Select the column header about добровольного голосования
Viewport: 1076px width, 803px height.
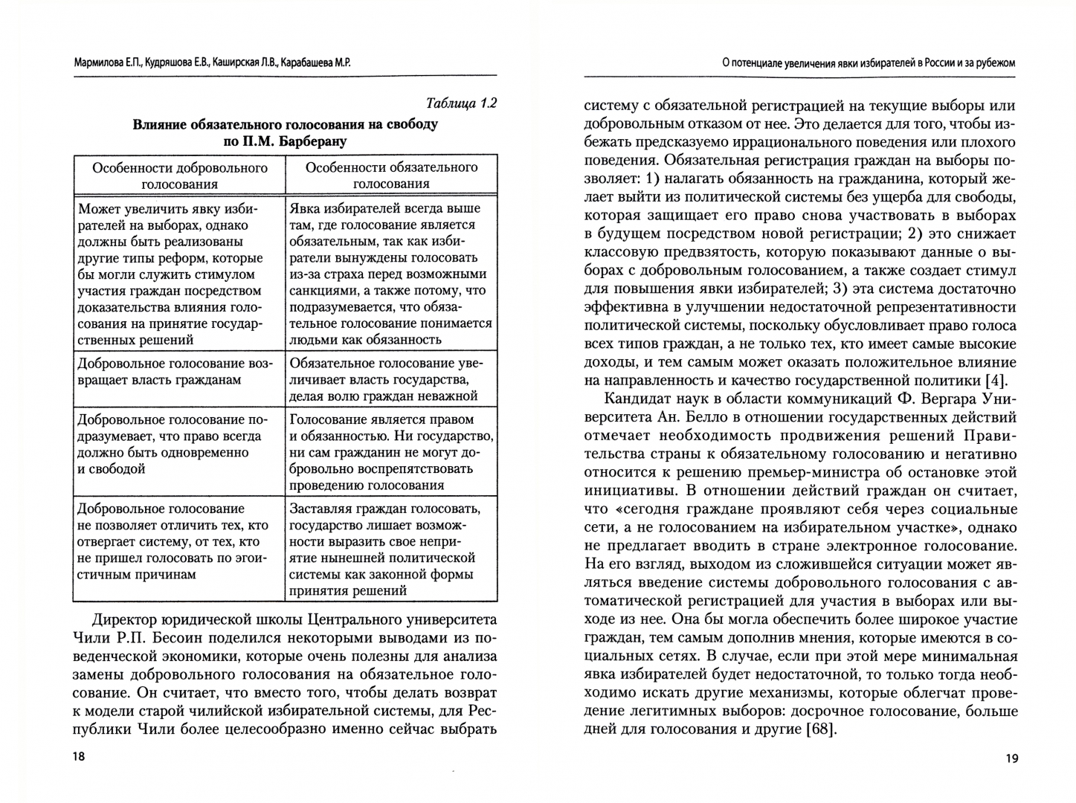[x=180, y=175]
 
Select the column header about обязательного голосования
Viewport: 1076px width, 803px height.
[x=391, y=175]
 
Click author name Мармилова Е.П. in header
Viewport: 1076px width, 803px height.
[x=106, y=63]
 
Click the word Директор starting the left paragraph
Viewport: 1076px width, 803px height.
[x=127, y=620]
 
